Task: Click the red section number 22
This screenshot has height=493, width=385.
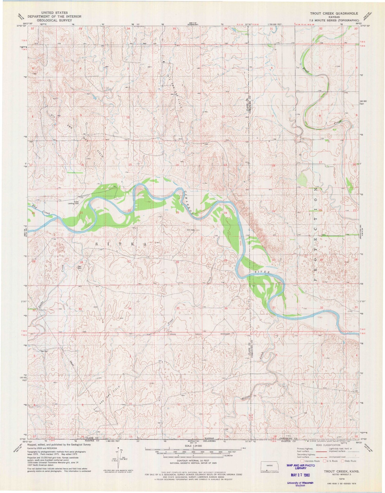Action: point(129,210)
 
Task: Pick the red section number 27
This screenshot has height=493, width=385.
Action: point(129,261)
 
